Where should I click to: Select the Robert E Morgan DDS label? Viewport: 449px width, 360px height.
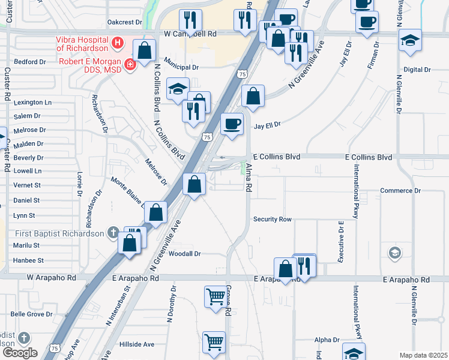90,65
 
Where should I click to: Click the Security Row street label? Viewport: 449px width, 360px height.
272,220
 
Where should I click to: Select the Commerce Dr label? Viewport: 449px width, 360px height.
401,191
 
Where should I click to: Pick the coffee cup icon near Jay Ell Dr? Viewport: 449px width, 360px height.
232,124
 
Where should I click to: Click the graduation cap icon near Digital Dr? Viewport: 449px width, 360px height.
411,40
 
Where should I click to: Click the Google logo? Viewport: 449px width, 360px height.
20,353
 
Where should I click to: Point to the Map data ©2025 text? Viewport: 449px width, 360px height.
424,355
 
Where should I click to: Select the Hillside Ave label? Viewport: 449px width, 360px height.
136,344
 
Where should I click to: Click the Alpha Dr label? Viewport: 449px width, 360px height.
327,340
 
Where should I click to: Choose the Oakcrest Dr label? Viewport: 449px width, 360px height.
124,22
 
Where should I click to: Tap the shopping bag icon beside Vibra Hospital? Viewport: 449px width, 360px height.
145,52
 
